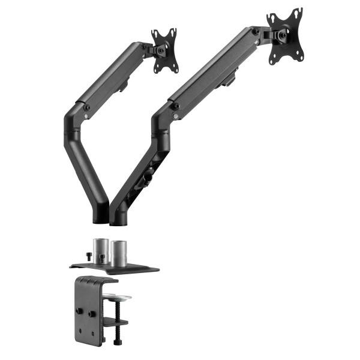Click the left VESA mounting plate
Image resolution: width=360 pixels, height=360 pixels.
pos(164,50)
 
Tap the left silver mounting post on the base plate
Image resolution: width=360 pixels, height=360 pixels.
pos(100,250)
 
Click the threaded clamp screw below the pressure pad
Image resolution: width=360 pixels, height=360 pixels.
pos(117,312)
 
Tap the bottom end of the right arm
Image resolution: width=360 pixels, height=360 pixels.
pos(119,218)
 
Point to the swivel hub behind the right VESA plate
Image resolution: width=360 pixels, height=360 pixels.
pos(279,35)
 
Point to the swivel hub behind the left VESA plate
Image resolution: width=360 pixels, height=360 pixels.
pos(158,50)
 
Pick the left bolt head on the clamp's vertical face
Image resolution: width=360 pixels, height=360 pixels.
pos(79,311)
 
